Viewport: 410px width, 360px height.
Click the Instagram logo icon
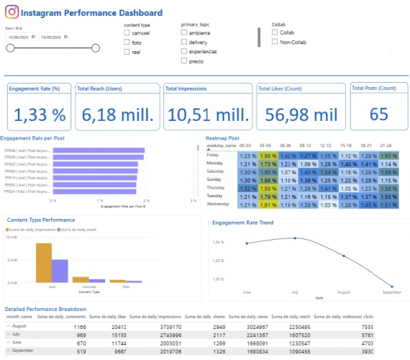(12, 12)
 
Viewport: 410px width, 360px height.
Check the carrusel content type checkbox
(127, 32)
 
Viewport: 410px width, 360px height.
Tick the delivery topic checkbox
(184, 42)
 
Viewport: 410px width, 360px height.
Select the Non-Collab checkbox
(275, 41)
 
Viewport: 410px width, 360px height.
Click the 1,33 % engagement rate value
(40, 114)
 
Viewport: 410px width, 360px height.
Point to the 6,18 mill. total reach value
(117, 114)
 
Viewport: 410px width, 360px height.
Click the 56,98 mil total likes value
(296, 114)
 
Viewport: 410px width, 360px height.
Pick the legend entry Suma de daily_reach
(79, 228)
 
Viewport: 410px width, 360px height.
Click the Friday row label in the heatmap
(213, 155)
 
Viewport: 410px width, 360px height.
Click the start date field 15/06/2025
(18, 37)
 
